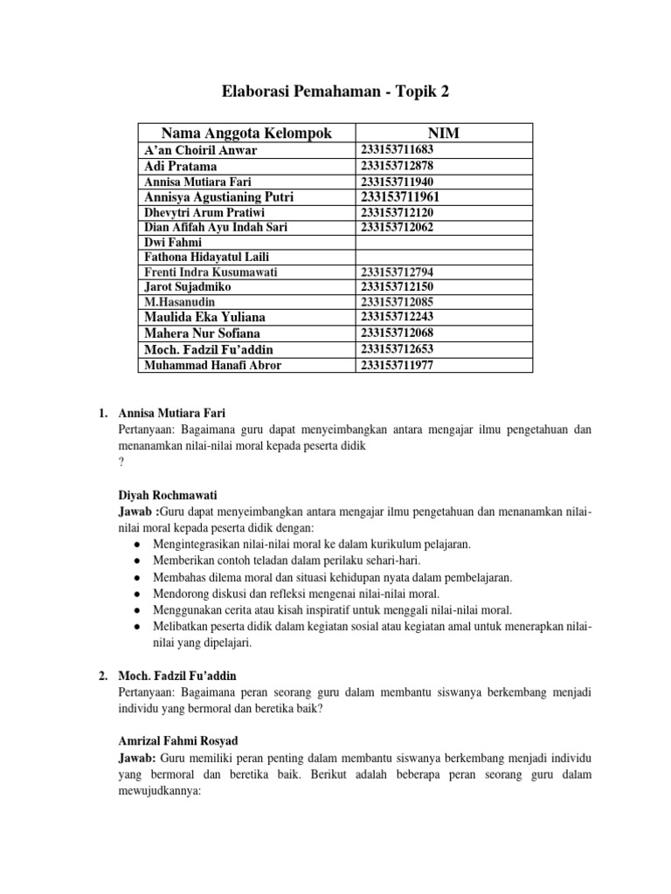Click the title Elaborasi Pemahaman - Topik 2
(x=335, y=93)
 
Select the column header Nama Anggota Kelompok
(x=246, y=133)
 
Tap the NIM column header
(x=444, y=133)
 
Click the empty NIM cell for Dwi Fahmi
(x=444, y=242)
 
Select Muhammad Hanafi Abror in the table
(x=212, y=365)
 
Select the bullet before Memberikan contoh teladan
(x=140, y=560)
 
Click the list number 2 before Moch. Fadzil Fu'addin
(x=102, y=676)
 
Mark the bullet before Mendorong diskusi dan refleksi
(x=140, y=594)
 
